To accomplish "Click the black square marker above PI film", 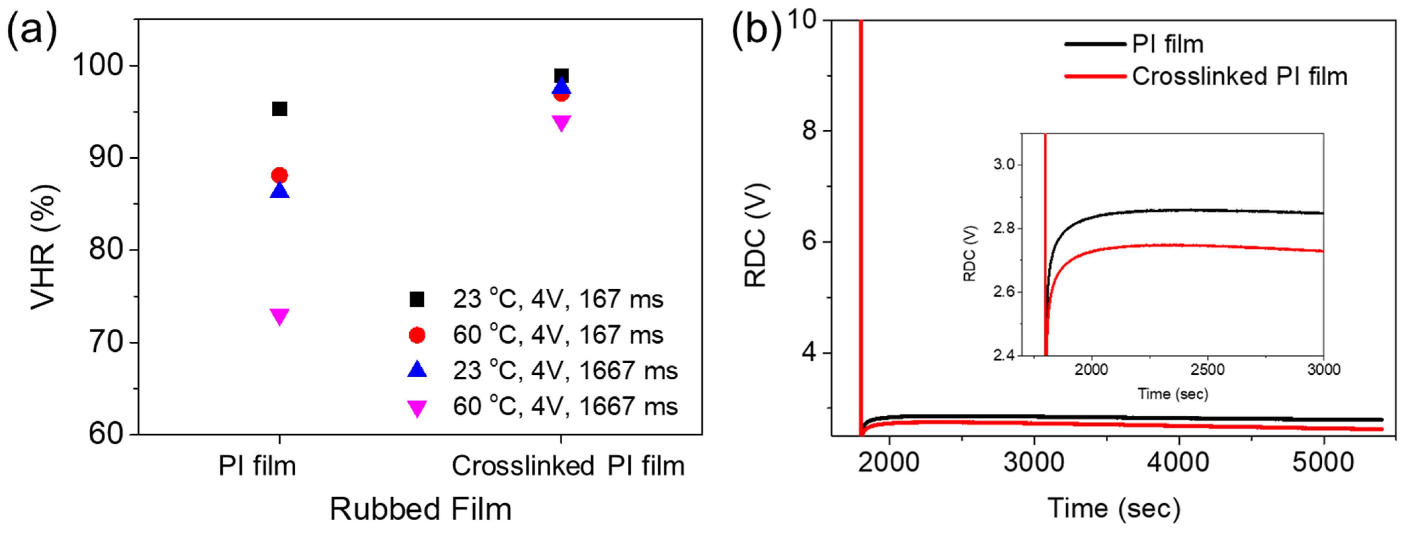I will (279, 109).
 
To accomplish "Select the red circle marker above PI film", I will (279, 175).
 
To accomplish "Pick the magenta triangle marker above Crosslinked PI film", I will (561, 123).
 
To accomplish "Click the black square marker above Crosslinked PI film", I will (561, 76).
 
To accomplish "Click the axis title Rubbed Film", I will (421, 509).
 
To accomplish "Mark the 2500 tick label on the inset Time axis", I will (1207, 370).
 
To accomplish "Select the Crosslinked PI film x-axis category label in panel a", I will (568, 466).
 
